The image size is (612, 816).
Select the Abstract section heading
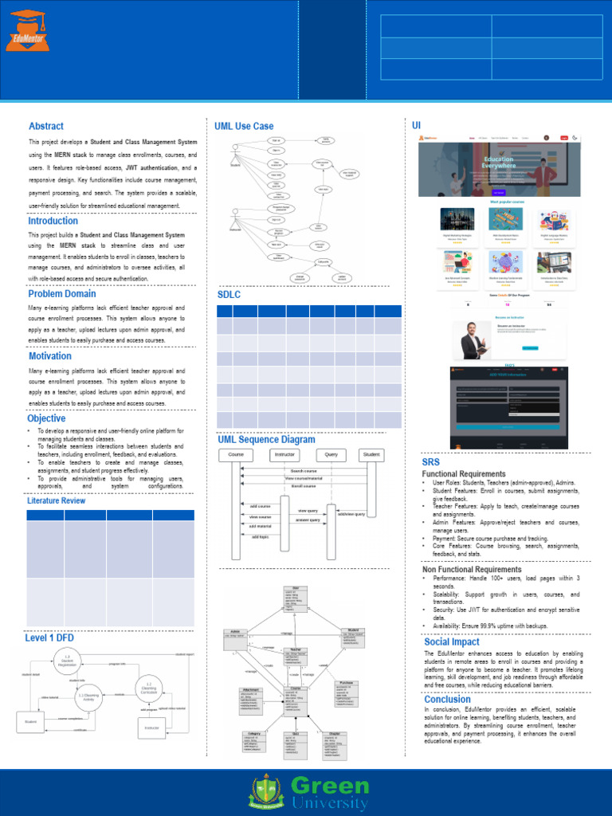pyautogui.click(x=46, y=126)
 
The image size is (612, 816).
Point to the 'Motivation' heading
pyautogui.click(x=50, y=356)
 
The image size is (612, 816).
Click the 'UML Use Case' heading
pyautogui.click(x=244, y=126)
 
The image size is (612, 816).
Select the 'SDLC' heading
pyautogui.click(x=229, y=295)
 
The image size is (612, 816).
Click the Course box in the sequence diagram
pyautogui.click(x=236, y=454)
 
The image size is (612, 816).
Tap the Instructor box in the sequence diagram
pyautogui.click(x=284, y=454)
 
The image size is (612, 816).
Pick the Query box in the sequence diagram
pyautogui.click(x=331, y=454)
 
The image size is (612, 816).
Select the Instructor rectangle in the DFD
pyautogui.click(x=151, y=728)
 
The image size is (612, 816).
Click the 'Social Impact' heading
pyautogui.click(x=452, y=641)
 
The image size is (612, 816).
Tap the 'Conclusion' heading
pyautogui.click(x=447, y=699)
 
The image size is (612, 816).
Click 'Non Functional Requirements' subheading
pyautogui.click(x=472, y=569)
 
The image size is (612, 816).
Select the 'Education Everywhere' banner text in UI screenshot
pyautogui.click(x=499, y=163)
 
